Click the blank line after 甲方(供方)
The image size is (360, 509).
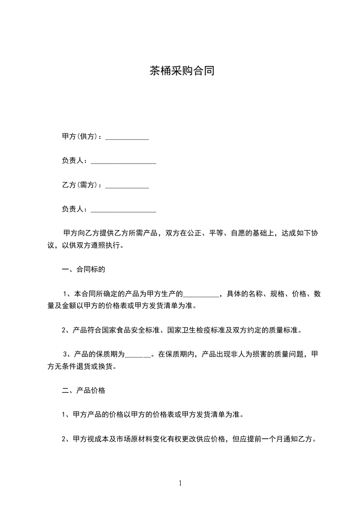point(127,138)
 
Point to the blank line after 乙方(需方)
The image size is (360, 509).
point(127,186)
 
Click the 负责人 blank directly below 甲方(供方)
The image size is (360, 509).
point(123,162)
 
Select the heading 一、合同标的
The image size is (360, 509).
point(84,269)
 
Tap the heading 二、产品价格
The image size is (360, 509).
point(84,390)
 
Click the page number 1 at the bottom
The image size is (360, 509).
point(180,483)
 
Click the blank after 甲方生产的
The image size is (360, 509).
point(201,295)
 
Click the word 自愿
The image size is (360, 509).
point(238,233)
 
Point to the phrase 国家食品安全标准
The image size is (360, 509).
point(131,330)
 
